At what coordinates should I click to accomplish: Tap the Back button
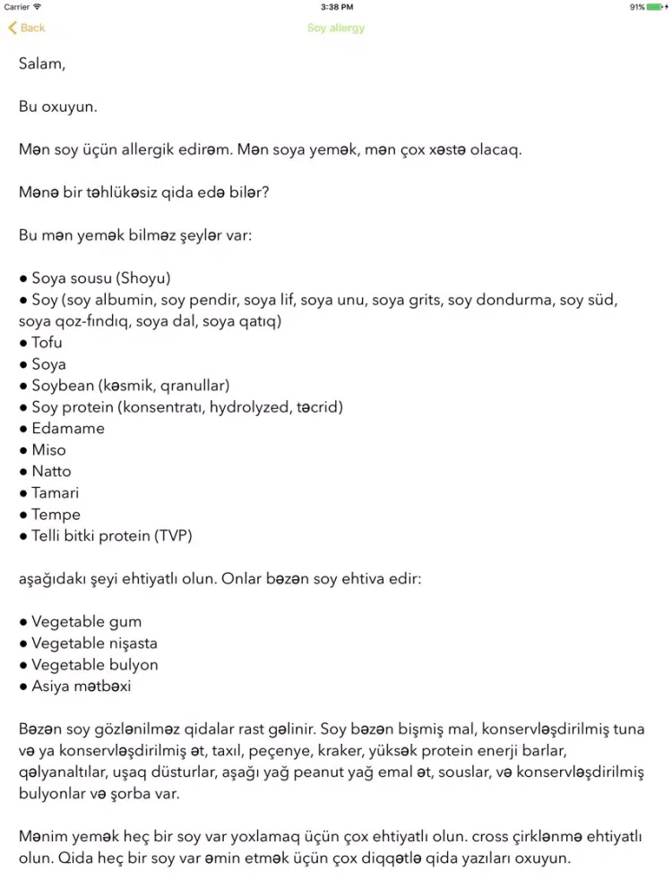tap(27, 28)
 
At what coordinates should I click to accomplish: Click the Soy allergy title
tap(336, 28)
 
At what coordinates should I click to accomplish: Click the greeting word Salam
tap(41, 64)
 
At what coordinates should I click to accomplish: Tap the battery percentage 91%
tap(637, 7)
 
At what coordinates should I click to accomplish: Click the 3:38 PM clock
tap(336, 7)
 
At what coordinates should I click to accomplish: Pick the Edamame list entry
tap(67, 429)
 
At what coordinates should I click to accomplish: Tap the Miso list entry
tap(48, 450)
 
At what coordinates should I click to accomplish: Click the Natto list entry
tap(51, 472)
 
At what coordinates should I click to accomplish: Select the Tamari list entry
tap(55, 493)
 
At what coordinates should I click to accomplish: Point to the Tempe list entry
tap(56, 515)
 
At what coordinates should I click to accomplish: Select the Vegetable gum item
tap(86, 622)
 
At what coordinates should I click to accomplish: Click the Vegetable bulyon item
tap(94, 665)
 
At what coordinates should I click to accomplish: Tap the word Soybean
tap(62, 386)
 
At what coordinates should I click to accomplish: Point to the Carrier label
tap(17, 7)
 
